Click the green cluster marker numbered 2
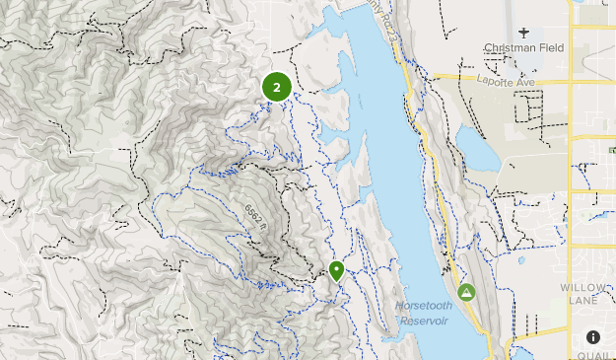[277, 88]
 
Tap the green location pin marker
[337, 270]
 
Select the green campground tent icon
[466, 292]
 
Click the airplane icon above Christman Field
[522, 31]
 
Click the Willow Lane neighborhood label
[587, 295]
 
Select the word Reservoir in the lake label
[427, 322]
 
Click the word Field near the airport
[550, 47]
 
